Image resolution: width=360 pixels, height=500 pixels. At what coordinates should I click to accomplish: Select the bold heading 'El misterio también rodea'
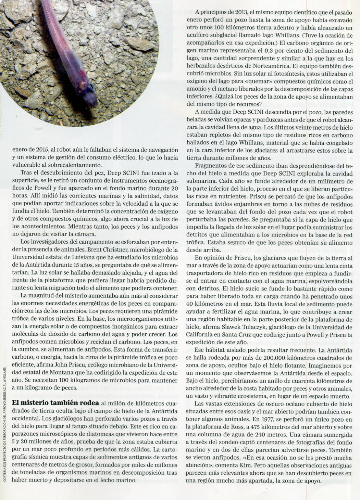point(55,402)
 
